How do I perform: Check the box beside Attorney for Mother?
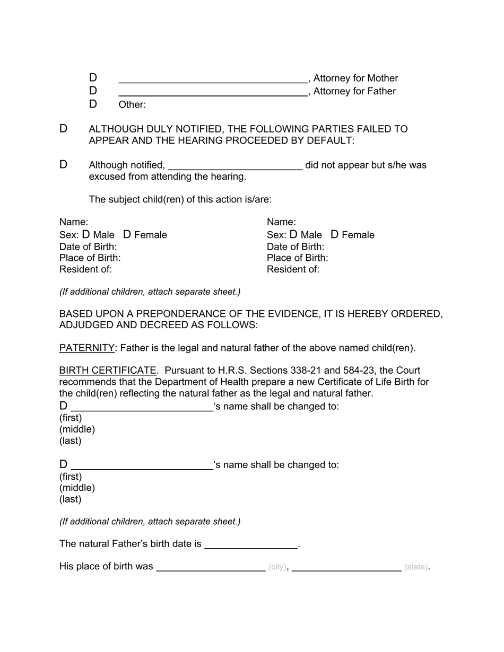click(93, 78)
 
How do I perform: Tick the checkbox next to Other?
click(93, 104)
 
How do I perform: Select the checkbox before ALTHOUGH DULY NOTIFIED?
click(63, 129)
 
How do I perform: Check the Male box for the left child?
click(86, 234)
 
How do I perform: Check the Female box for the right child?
click(335, 234)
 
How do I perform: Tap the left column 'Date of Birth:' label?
click(88, 246)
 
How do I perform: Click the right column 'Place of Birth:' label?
click(297, 258)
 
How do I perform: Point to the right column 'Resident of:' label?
click(293, 269)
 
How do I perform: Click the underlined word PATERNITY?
click(86, 348)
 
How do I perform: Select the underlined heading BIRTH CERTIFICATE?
click(108, 371)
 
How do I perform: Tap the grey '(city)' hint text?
click(277, 567)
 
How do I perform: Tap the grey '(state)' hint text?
click(415, 567)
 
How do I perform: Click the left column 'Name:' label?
click(74, 222)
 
